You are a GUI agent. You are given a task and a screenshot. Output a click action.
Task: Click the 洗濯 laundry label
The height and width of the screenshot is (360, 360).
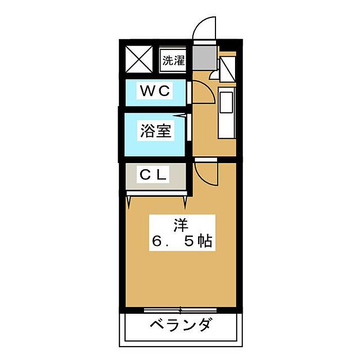173,60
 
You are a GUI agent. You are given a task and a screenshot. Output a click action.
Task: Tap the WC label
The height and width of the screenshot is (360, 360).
155,91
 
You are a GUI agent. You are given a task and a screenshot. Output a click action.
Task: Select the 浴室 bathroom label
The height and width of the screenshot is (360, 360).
156,131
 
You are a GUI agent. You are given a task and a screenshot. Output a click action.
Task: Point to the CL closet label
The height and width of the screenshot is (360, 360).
153,175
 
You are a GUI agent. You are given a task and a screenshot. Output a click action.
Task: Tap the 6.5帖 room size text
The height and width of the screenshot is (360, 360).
182,242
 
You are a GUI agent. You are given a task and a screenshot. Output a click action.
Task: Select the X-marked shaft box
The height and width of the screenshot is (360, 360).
139,59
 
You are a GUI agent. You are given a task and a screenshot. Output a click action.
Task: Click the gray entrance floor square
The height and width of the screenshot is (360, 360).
204,58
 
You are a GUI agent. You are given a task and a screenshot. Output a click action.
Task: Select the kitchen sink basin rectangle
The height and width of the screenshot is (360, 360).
226,102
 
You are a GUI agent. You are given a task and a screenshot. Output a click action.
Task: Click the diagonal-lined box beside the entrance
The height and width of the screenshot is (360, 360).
227,69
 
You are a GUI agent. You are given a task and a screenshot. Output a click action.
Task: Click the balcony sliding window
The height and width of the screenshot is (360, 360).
181,310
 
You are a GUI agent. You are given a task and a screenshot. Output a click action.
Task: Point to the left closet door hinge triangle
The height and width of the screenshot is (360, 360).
129,202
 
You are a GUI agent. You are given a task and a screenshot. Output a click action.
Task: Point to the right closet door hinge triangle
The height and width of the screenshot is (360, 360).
185,202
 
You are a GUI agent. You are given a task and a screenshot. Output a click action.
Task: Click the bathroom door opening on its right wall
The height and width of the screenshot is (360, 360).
189,128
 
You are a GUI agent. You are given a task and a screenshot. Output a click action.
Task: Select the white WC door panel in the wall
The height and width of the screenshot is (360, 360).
189,93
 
